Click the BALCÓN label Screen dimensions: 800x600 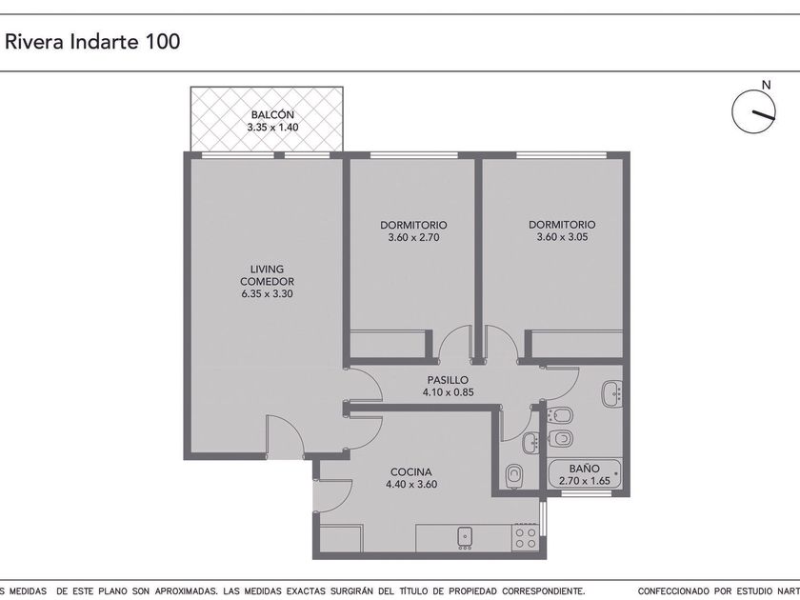(272, 115)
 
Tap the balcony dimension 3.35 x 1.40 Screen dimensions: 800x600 (272, 128)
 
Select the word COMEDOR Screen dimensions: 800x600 (267, 282)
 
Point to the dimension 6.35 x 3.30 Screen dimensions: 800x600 (267, 294)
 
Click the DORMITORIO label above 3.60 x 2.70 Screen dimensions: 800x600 (413, 225)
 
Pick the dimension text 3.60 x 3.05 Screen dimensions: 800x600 (562, 237)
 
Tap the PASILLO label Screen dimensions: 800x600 (448, 380)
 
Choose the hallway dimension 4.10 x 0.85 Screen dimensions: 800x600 (448, 392)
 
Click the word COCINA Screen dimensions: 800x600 (410, 472)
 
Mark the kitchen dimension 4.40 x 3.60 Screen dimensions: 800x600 (411, 484)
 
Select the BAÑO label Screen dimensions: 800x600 (585, 469)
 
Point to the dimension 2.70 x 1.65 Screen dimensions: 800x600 (585, 481)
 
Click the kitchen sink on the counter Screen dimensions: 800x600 (465, 538)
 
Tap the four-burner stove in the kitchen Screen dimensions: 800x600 (525, 537)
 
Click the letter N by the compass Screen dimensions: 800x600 (766, 85)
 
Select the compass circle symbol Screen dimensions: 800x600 (753, 111)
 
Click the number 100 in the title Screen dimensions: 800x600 (163, 41)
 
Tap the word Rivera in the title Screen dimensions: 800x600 (34, 41)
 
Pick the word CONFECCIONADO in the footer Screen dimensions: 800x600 (673, 591)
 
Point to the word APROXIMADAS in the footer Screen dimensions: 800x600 (185, 591)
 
